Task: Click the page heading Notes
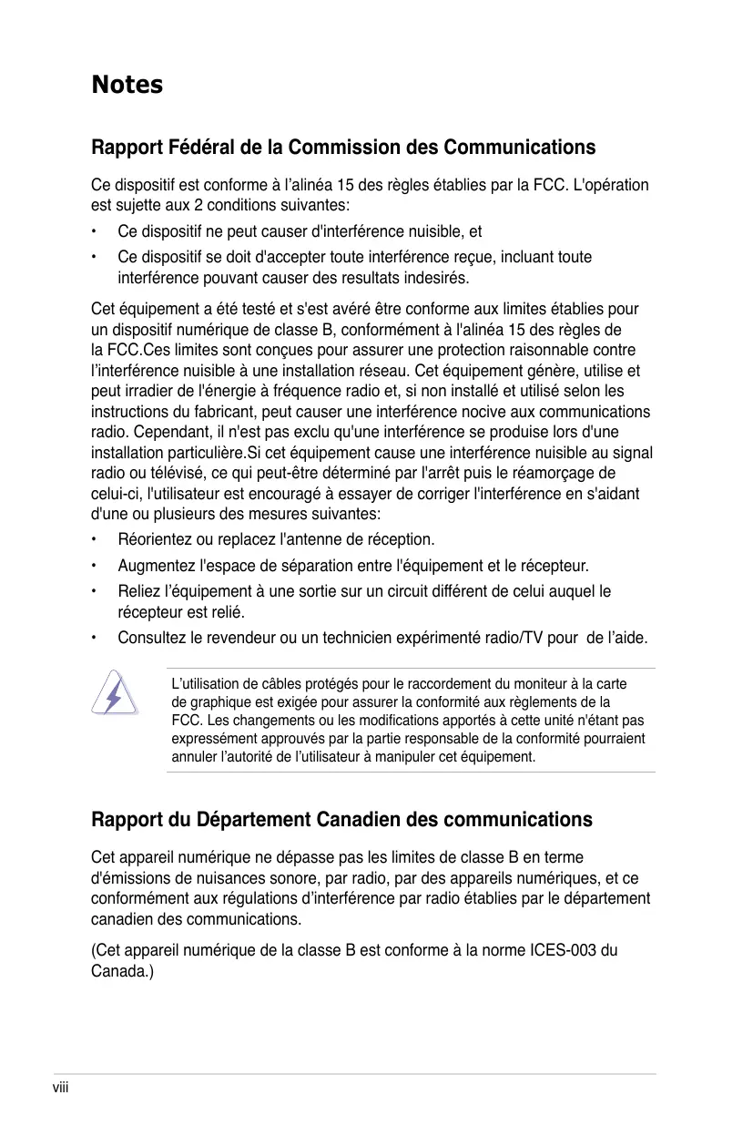(127, 85)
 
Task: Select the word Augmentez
(155, 566)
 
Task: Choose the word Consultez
(152, 638)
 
